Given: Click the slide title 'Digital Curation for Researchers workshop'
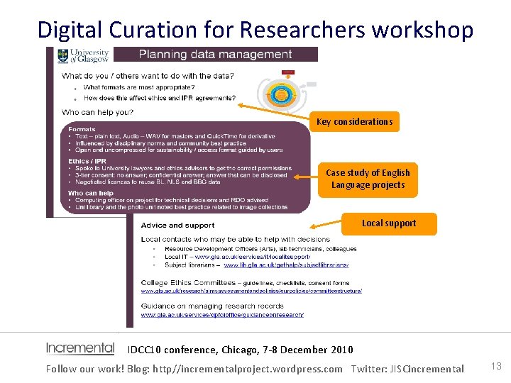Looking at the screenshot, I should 255,29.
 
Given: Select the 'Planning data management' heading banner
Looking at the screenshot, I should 215,55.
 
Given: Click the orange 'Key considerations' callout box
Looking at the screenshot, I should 354,122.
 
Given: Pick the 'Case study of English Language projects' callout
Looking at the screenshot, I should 368,179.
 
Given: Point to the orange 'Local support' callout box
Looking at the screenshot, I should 389,223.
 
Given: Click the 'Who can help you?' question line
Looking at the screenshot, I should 98,112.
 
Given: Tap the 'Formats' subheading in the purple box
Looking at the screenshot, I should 82,130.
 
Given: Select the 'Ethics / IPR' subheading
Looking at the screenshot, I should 89,162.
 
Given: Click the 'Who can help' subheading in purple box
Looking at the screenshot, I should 91,193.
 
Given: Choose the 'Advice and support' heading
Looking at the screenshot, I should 177,226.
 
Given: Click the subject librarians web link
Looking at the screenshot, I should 286,265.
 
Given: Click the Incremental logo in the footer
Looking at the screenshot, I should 79,348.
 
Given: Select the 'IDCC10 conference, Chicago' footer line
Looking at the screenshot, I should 240,349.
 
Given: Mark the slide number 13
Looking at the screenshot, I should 496,366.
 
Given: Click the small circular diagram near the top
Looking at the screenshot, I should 282,95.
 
